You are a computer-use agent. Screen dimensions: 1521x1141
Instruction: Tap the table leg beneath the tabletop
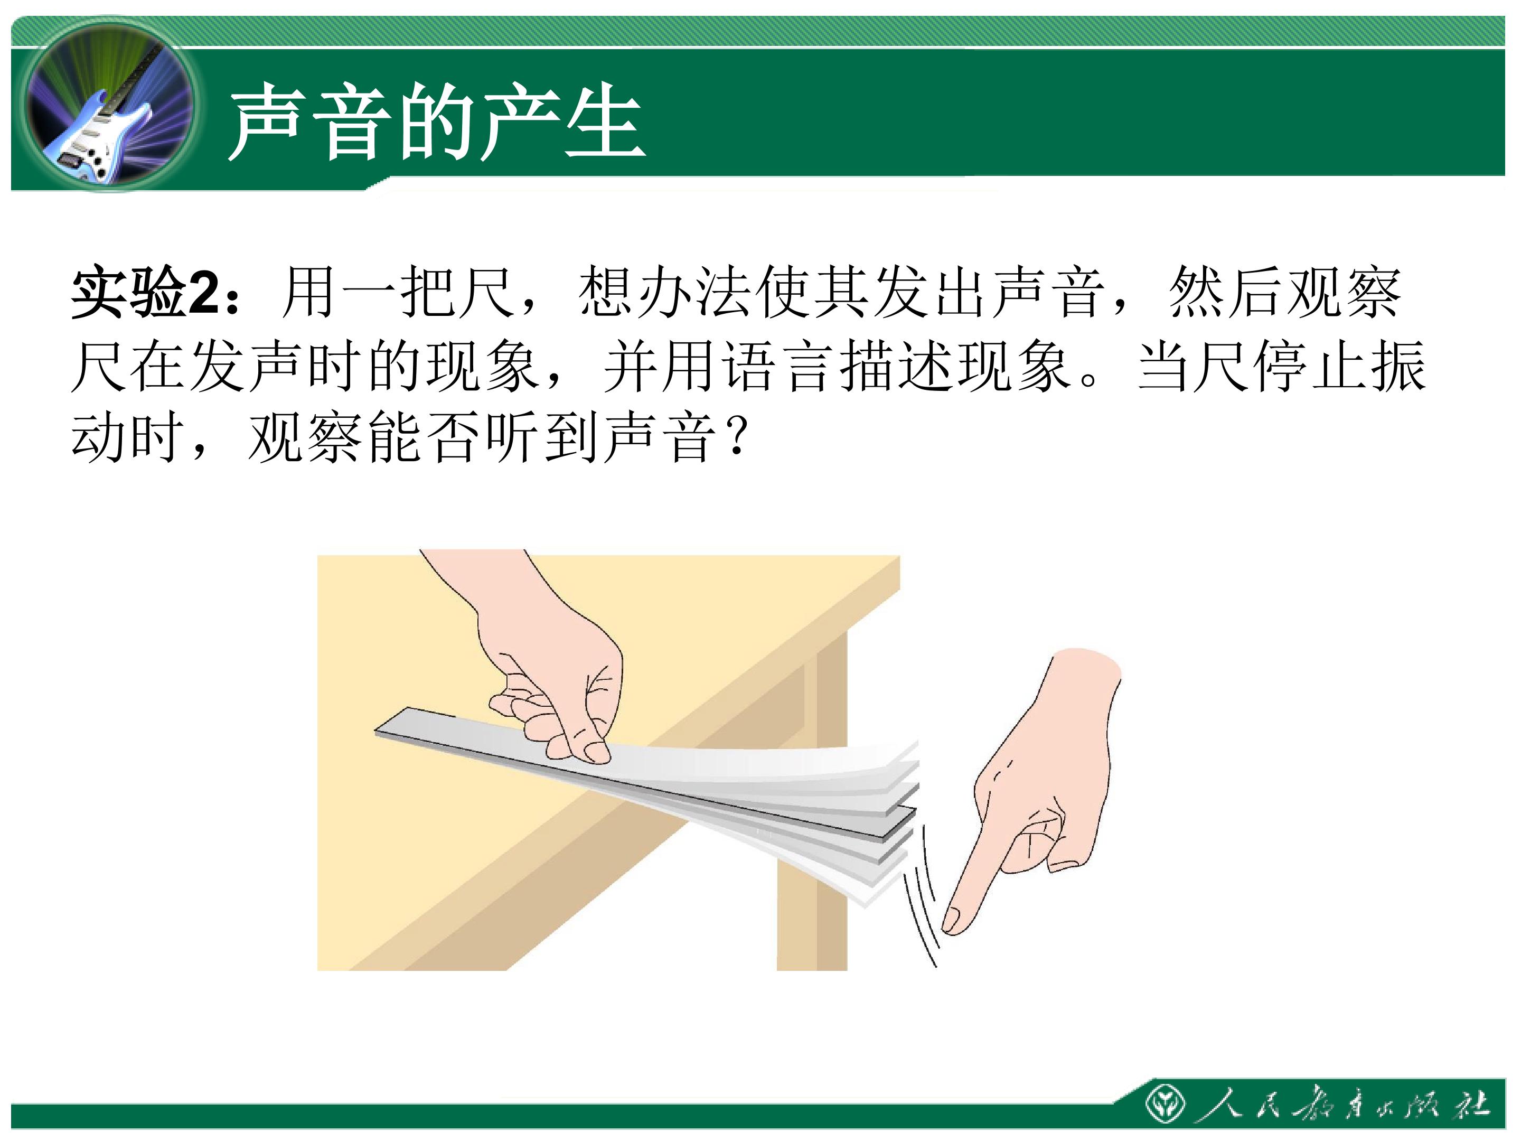(x=812, y=811)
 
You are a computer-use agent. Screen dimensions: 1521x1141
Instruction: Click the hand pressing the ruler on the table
(x=550, y=660)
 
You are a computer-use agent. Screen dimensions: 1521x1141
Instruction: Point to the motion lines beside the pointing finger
(x=920, y=894)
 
